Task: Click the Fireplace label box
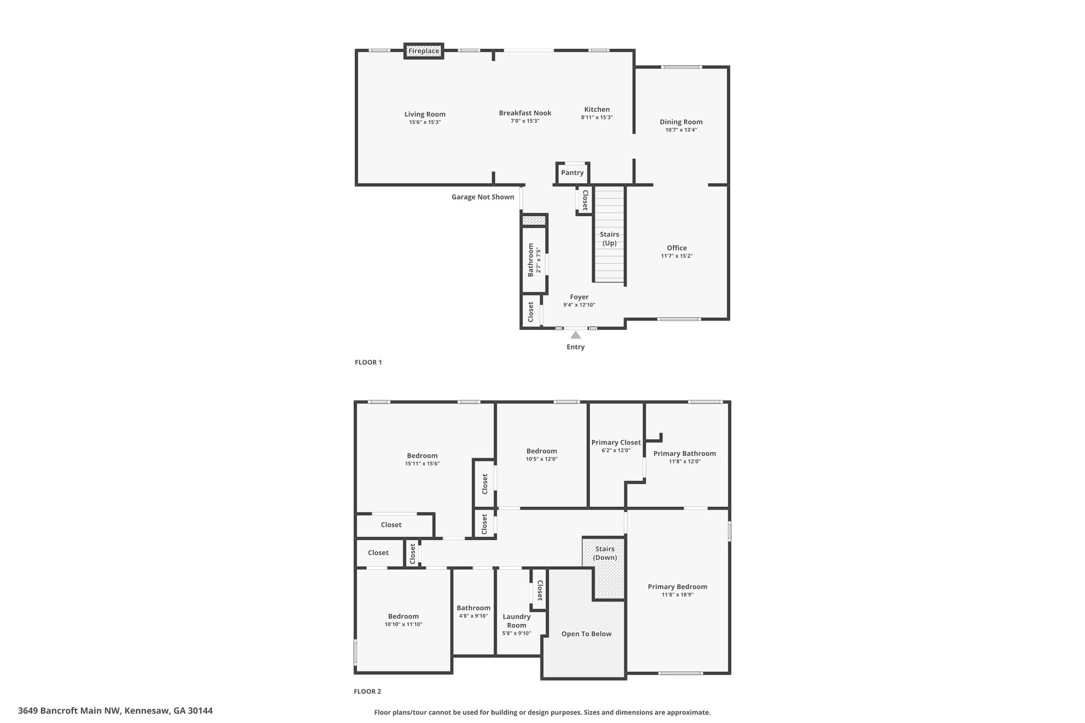[424, 51]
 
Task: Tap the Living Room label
[425, 114]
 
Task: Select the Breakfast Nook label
[525, 113]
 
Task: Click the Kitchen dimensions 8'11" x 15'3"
[597, 118]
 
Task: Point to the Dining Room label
[681, 122]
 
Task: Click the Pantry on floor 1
[572, 173]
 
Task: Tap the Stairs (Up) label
[609, 239]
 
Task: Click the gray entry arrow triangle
[575, 335]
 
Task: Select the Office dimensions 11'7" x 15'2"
[677, 256]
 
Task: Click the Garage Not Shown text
[483, 197]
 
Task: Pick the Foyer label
[579, 297]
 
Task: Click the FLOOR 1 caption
[368, 362]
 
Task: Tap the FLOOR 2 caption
[368, 691]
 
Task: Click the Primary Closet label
[616, 442]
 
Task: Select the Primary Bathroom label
[684, 453]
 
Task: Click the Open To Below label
[586, 634]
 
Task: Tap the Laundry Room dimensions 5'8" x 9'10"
[517, 633]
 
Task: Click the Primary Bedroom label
[678, 586]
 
